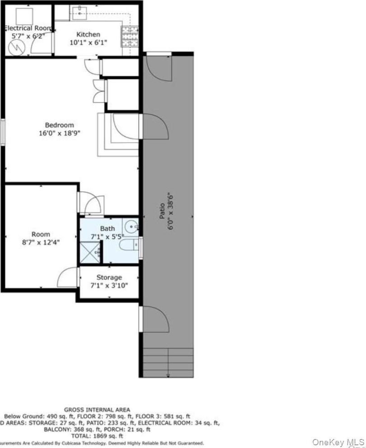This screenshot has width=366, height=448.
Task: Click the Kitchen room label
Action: (x=88, y=34)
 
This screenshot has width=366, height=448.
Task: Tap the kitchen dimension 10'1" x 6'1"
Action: (x=88, y=43)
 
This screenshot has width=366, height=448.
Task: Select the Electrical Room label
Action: (x=28, y=28)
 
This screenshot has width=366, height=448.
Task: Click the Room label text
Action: (x=41, y=234)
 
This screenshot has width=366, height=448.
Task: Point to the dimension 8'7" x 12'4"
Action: (x=41, y=242)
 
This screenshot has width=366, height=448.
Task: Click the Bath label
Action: (x=108, y=228)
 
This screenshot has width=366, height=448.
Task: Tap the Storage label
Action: (x=109, y=277)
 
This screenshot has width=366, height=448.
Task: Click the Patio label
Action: (x=162, y=211)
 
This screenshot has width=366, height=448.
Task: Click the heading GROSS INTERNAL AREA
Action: (x=97, y=409)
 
